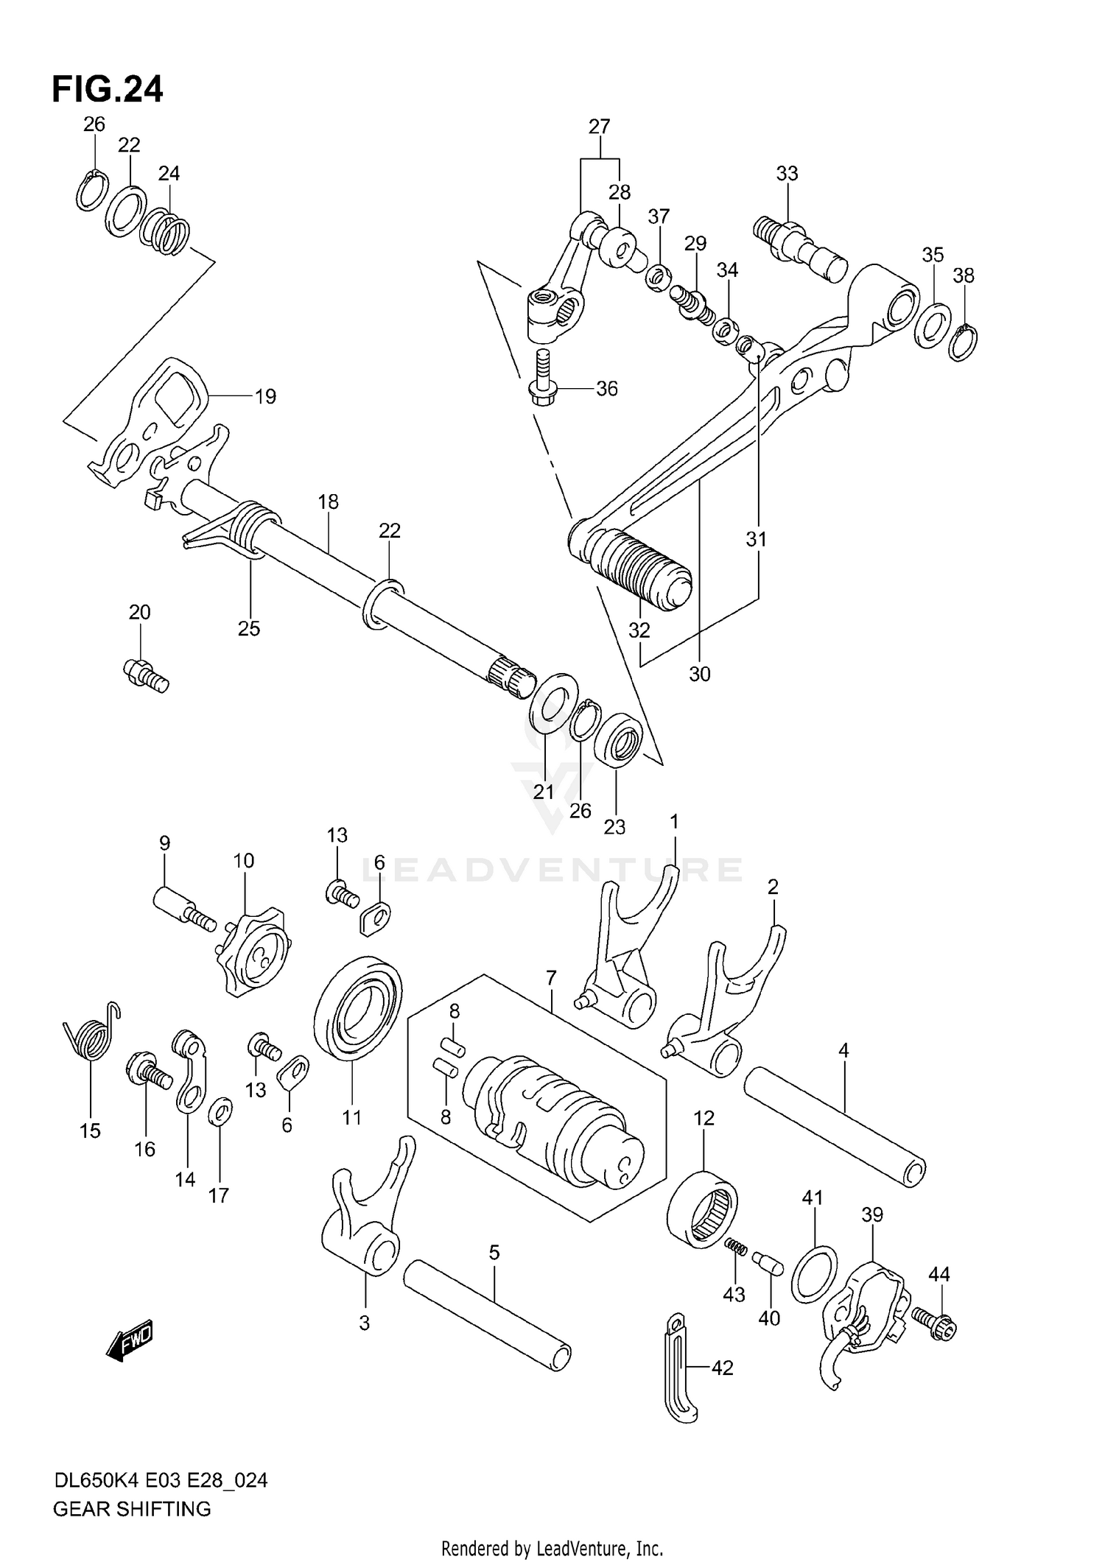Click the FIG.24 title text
[x=108, y=90]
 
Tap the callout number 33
[x=787, y=174]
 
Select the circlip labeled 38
[x=963, y=343]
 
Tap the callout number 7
[x=551, y=978]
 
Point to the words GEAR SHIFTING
[x=132, y=1509]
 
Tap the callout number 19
[x=265, y=397]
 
